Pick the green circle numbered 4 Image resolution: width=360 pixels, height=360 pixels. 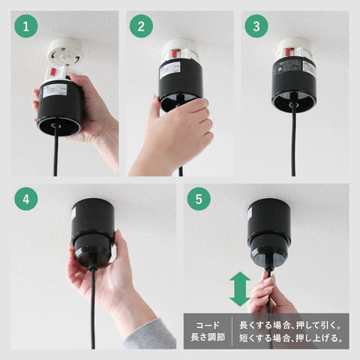(x=27, y=200)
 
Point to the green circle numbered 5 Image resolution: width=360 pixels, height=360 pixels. (x=199, y=200)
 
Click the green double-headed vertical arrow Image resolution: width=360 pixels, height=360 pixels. (x=239, y=289)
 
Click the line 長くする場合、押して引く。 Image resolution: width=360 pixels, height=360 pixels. (x=292, y=325)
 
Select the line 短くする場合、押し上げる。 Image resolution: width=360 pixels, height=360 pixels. (x=292, y=339)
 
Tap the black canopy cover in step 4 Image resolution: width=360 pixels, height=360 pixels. (x=93, y=229)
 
